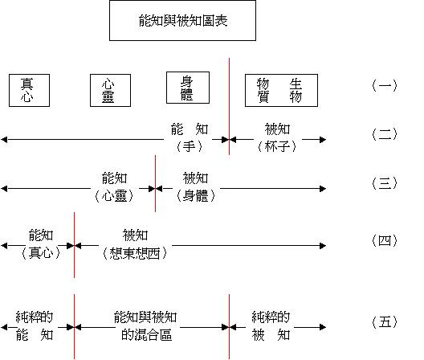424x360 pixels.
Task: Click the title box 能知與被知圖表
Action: (x=182, y=21)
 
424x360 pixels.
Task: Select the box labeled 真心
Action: (x=29, y=91)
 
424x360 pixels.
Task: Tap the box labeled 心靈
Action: (x=110, y=91)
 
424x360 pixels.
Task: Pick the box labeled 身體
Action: (x=188, y=88)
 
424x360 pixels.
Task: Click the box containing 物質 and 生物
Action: (x=281, y=91)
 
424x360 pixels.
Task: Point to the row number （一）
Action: (x=385, y=86)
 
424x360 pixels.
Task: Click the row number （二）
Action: (x=385, y=134)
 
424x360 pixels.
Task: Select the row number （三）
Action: (x=385, y=183)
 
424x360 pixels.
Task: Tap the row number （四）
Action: (x=385, y=240)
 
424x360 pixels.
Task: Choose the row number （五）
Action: (x=385, y=322)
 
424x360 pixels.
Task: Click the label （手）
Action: (x=190, y=147)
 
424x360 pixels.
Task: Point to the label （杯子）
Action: (x=277, y=147)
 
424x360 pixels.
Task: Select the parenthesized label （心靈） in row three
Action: (x=114, y=196)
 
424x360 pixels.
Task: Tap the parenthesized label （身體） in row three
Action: (x=195, y=196)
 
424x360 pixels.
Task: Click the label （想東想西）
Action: (x=135, y=254)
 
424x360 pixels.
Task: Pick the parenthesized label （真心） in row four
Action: (x=41, y=253)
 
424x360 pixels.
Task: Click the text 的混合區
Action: (x=146, y=335)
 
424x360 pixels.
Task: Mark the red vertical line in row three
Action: (x=155, y=183)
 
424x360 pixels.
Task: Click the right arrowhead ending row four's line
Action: (x=323, y=246)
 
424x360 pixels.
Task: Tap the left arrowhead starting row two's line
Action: (x=4, y=140)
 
